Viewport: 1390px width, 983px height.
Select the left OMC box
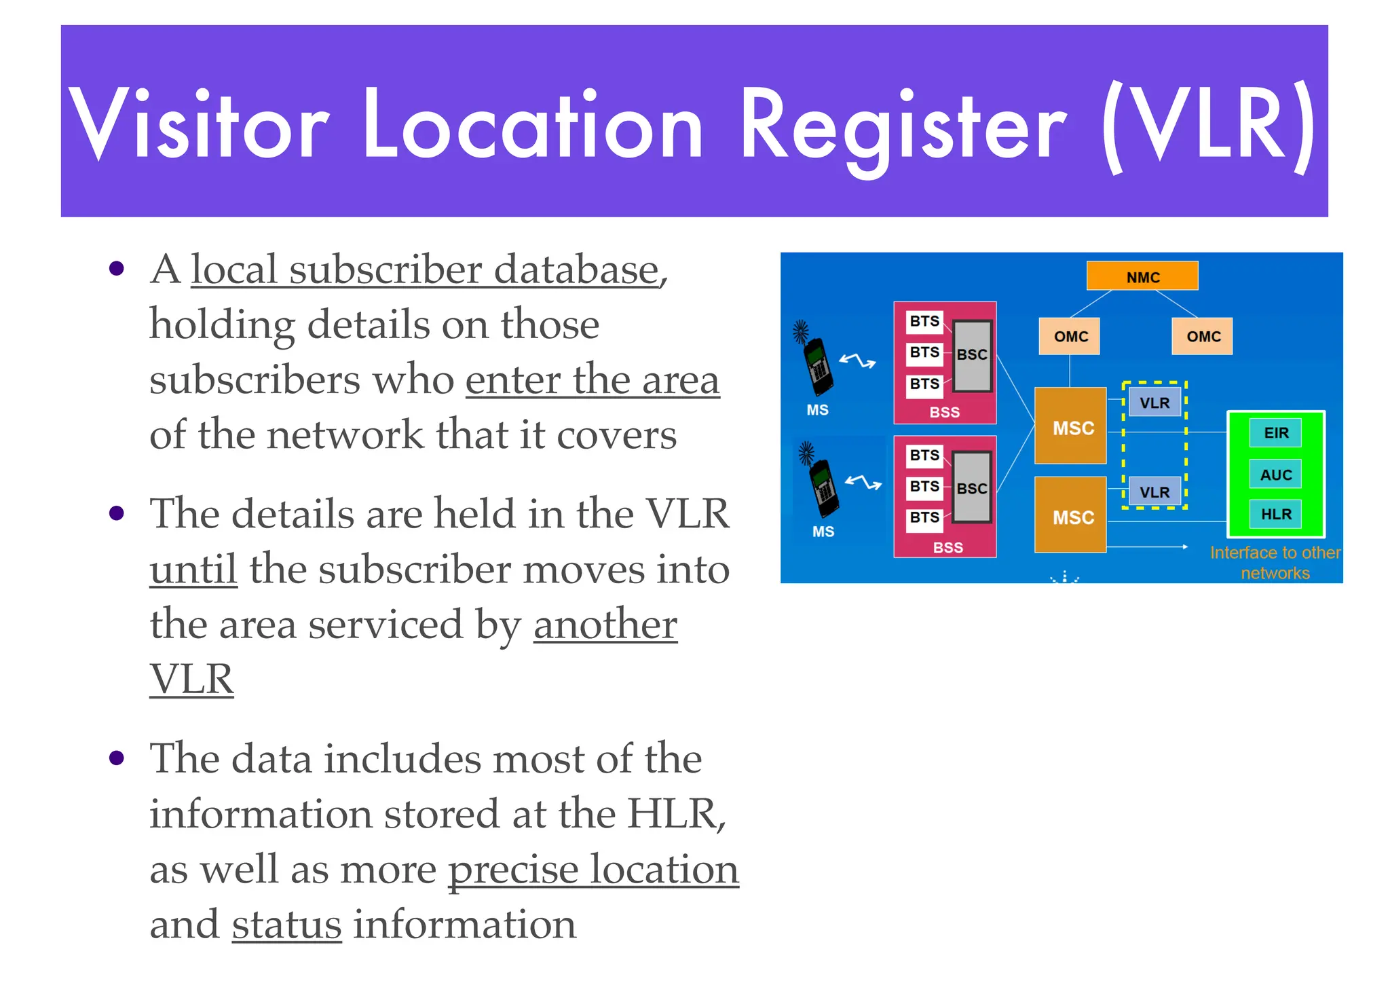click(1070, 336)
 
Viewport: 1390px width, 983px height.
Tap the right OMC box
click(1202, 336)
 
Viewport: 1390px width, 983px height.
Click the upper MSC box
click(1070, 426)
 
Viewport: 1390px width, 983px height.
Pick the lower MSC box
click(1070, 515)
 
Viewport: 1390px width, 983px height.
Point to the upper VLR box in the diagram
click(1154, 402)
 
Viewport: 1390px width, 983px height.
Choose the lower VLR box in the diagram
click(1154, 491)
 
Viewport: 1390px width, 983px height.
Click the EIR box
click(1275, 432)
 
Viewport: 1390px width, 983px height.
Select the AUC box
click(1275, 474)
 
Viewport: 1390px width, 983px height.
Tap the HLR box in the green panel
click(1275, 514)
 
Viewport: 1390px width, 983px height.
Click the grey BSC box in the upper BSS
click(972, 356)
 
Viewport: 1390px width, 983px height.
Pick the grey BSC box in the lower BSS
click(972, 488)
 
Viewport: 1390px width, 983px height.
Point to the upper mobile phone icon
click(818, 367)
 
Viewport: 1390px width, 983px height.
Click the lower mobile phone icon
click(823, 487)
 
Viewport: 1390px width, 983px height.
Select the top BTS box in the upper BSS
click(924, 320)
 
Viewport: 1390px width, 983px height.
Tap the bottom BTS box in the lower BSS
click(924, 517)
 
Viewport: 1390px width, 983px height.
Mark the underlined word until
click(193, 569)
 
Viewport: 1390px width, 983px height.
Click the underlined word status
click(286, 925)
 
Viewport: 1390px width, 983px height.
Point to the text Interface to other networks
click(1275, 563)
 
